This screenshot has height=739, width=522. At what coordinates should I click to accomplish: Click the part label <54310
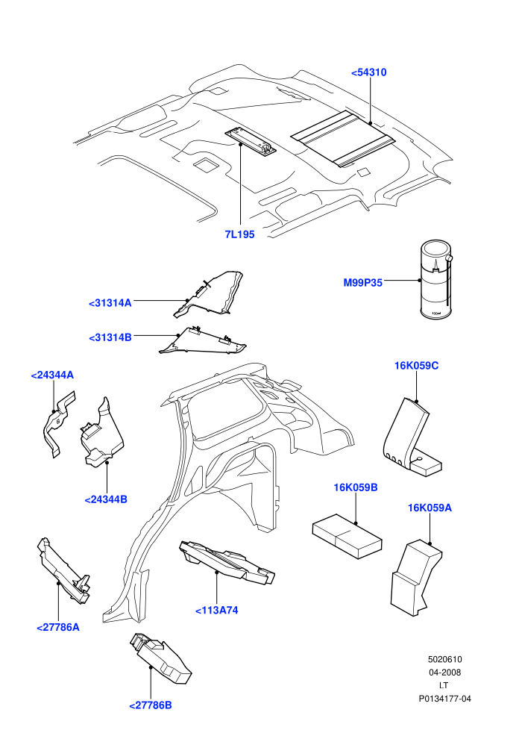coord(368,72)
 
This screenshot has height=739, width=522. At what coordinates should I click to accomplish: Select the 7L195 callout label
coord(239,234)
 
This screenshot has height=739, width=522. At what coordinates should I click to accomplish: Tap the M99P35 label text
coord(362,283)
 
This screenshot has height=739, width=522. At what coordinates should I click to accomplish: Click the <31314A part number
coord(110,303)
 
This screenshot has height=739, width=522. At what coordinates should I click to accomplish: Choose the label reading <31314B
coord(110,337)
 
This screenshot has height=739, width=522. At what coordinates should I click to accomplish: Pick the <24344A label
coord(52,375)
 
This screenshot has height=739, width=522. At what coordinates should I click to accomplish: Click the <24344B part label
coord(106,499)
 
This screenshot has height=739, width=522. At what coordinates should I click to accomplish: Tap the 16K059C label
coord(416,366)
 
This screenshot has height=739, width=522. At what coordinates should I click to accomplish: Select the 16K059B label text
coord(356,487)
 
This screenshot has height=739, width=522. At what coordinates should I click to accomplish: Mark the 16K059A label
coord(430,508)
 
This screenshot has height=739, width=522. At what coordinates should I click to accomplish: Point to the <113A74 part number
coord(216,611)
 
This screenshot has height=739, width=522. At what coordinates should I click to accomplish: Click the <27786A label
coord(58,627)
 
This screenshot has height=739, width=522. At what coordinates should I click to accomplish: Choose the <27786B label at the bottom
coord(150,705)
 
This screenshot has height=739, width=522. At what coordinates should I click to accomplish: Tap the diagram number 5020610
coord(444,659)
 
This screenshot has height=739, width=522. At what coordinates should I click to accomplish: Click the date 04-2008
coord(444,673)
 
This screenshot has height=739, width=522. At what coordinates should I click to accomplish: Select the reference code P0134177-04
coord(444,699)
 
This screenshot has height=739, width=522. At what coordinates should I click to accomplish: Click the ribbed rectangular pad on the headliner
coord(343,139)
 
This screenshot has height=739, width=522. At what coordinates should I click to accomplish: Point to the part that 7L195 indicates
coord(251,140)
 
